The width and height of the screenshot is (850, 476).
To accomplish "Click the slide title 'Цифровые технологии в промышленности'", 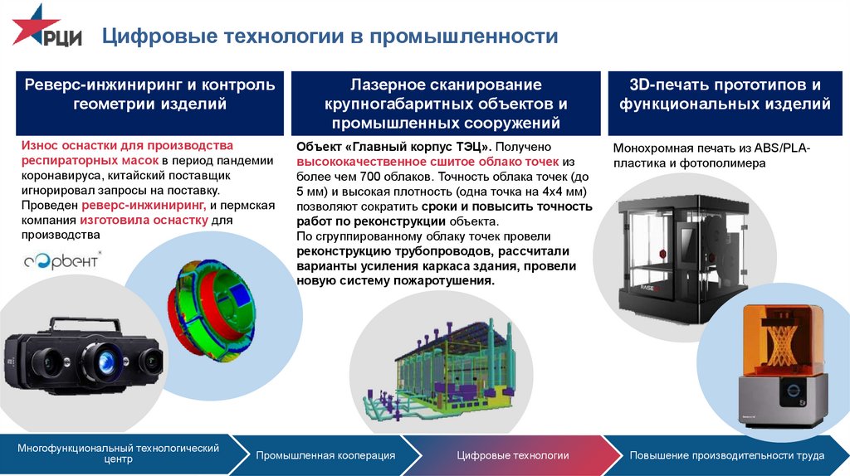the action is tap(330, 36).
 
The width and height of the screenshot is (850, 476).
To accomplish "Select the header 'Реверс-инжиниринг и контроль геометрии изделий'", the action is tap(149, 95).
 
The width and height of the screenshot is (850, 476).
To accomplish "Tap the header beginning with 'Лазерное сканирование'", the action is tap(446, 104).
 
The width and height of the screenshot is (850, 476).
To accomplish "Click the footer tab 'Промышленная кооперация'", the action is tap(325, 455).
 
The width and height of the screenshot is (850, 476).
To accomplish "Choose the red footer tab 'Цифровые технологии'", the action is tap(512, 455).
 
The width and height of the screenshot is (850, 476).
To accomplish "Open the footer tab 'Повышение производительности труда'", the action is tap(726, 455).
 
